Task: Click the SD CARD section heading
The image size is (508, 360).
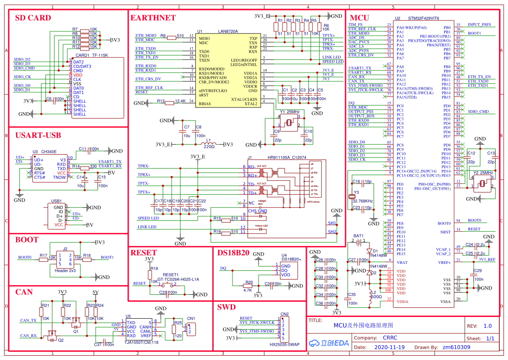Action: (33, 18)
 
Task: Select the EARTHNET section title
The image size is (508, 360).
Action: (153, 18)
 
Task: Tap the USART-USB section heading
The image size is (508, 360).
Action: (38, 135)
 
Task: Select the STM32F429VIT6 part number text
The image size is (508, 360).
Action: (424, 19)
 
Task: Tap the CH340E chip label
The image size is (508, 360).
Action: (49, 152)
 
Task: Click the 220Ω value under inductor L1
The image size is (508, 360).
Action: (209, 147)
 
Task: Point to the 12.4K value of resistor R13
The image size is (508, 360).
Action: (179, 101)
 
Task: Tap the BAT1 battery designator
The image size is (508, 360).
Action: (359, 236)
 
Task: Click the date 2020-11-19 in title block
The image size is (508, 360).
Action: (389, 347)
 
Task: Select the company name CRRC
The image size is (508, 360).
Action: (390, 338)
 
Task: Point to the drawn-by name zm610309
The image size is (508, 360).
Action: (456, 347)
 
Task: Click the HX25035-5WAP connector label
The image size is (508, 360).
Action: (284, 344)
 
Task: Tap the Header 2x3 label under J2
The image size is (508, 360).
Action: (64, 270)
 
